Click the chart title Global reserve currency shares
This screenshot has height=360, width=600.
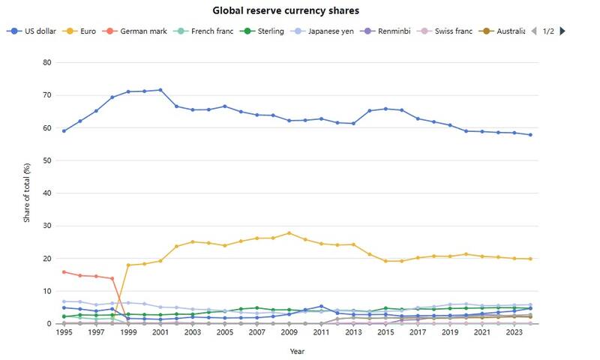pyautogui.click(x=286, y=11)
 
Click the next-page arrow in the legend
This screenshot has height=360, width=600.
pyautogui.click(x=562, y=31)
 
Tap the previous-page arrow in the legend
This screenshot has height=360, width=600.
pyautogui.click(x=534, y=31)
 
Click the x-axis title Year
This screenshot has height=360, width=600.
pyautogui.click(x=298, y=350)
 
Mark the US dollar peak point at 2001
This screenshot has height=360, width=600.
pyautogui.click(x=160, y=90)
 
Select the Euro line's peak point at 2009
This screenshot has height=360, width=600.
pyautogui.click(x=289, y=233)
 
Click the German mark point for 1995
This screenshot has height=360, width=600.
pyautogui.click(x=64, y=272)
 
